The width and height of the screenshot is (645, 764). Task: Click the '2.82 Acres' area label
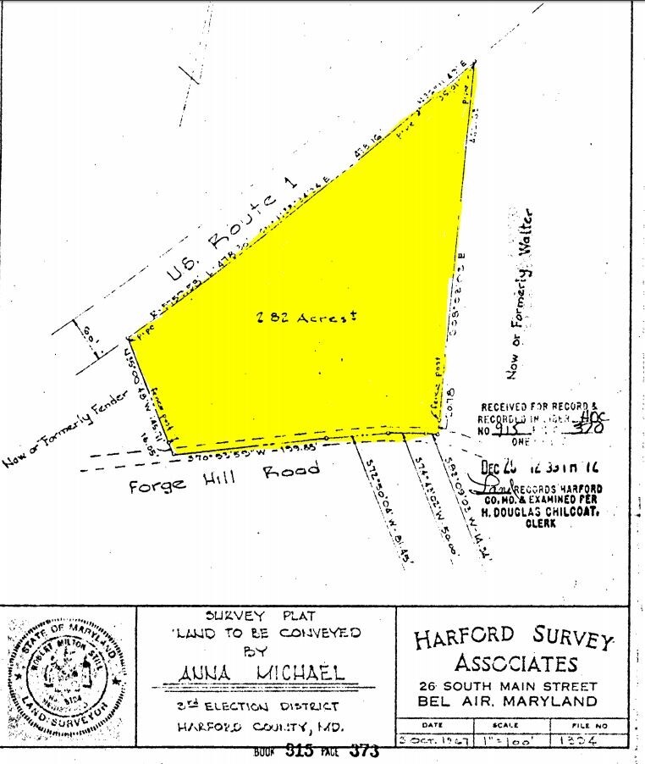pos(307,316)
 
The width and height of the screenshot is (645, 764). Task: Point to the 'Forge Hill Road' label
pos(224,478)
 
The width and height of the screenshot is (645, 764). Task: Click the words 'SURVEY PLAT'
pos(266,616)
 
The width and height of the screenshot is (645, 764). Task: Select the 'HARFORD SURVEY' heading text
pos(512,636)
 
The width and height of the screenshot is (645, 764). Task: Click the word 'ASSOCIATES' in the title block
pos(515,662)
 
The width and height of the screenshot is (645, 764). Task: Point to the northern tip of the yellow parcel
pos(475,64)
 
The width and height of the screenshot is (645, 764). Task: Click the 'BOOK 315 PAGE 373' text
pos(315,751)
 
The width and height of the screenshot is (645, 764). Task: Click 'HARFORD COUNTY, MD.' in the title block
pos(255,727)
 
